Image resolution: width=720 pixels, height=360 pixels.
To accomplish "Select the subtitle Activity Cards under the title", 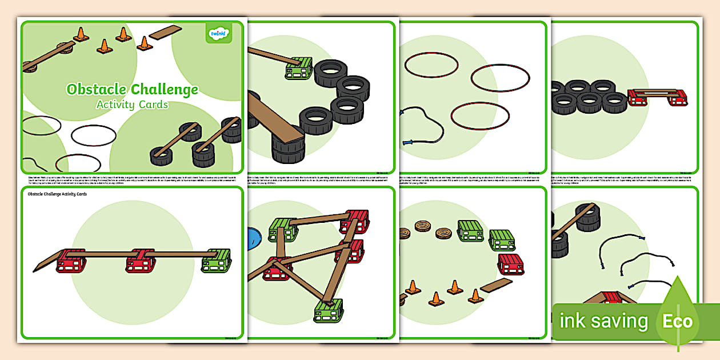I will pos(132,105).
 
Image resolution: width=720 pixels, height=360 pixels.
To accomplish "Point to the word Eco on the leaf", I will pos(677,321).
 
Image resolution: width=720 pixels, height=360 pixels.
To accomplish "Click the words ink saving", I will pos(603,321).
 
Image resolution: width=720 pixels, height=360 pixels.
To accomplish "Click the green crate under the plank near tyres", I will pos(298,69).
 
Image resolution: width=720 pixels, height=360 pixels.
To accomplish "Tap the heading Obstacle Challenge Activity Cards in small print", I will pos(57,194).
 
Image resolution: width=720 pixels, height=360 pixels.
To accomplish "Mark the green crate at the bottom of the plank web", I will pos(328,310).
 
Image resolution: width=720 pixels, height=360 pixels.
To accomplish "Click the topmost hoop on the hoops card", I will pos(431,65).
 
